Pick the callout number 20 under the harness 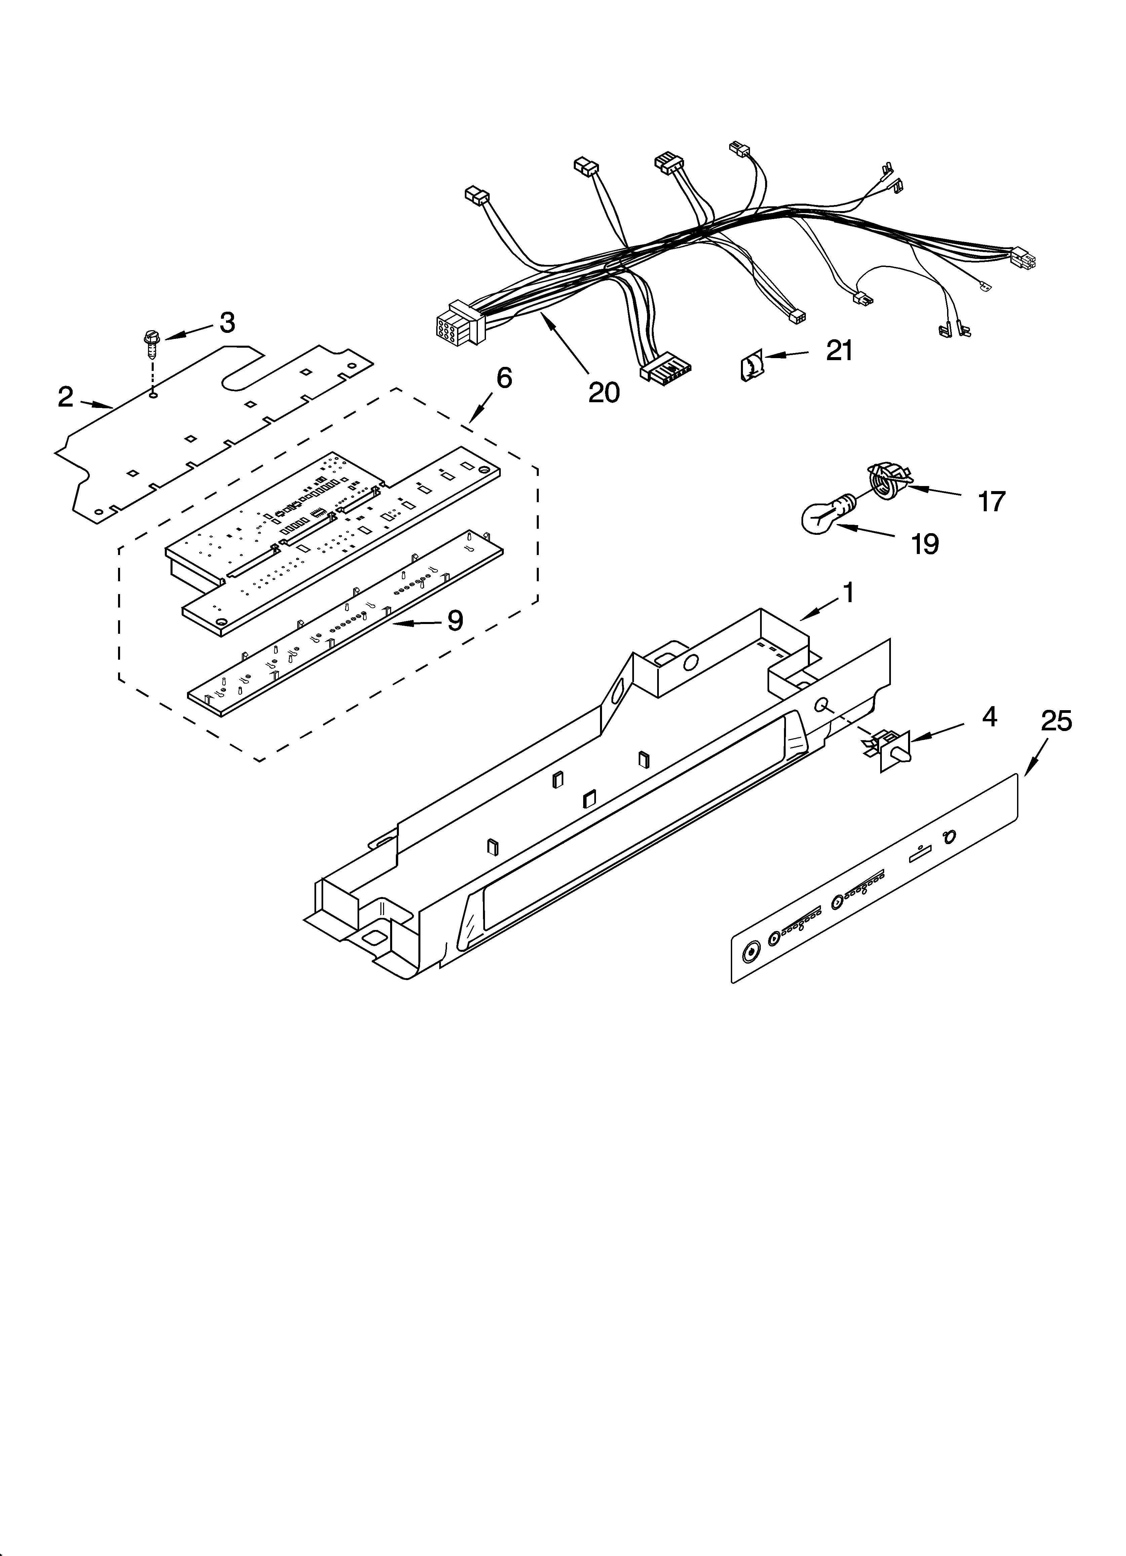[603, 392]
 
